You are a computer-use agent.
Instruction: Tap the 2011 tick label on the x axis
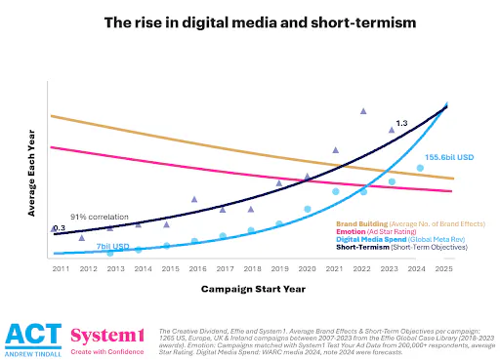[59, 267]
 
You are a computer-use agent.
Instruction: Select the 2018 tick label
[252, 267]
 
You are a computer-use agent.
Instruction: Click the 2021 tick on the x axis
[335, 267]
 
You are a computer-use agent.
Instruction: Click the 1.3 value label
[401, 124]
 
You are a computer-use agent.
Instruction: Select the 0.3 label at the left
[59, 228]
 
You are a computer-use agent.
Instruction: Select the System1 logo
[108, 337]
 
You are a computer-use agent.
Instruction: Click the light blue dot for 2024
[420, 168]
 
